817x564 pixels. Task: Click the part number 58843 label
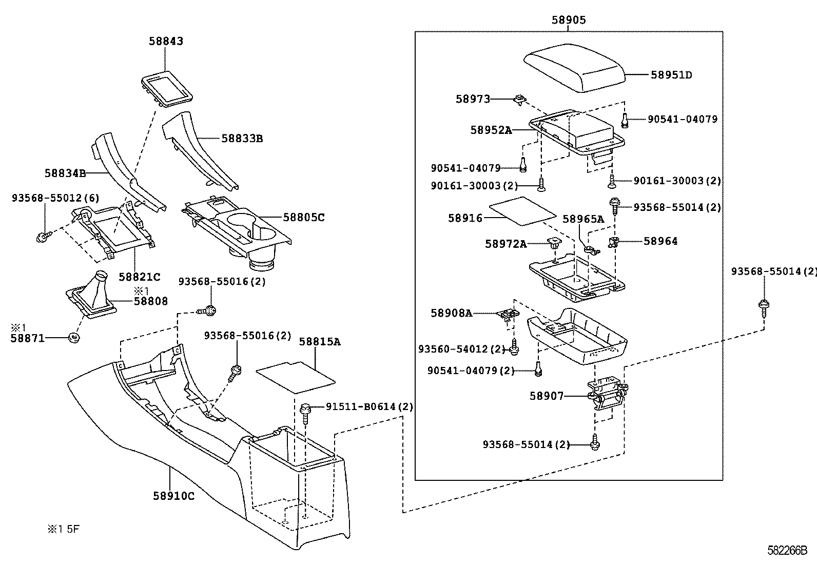[166, 41]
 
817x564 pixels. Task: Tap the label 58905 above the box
[569, 20]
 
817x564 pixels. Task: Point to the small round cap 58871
[74, 338]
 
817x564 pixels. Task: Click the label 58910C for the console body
[173, 496]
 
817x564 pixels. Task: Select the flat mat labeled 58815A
[295, 378]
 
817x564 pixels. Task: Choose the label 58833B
[242, 139]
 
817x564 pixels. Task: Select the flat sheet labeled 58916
[522, 210]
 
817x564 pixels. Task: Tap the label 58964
[660, 241]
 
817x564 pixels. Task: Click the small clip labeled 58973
[519, 100]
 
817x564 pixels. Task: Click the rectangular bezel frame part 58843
[166, 89]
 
